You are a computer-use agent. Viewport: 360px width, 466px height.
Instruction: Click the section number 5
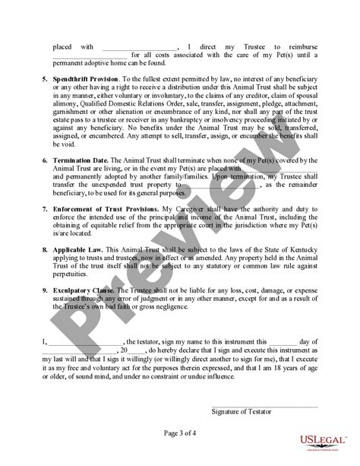tap(44, 78)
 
